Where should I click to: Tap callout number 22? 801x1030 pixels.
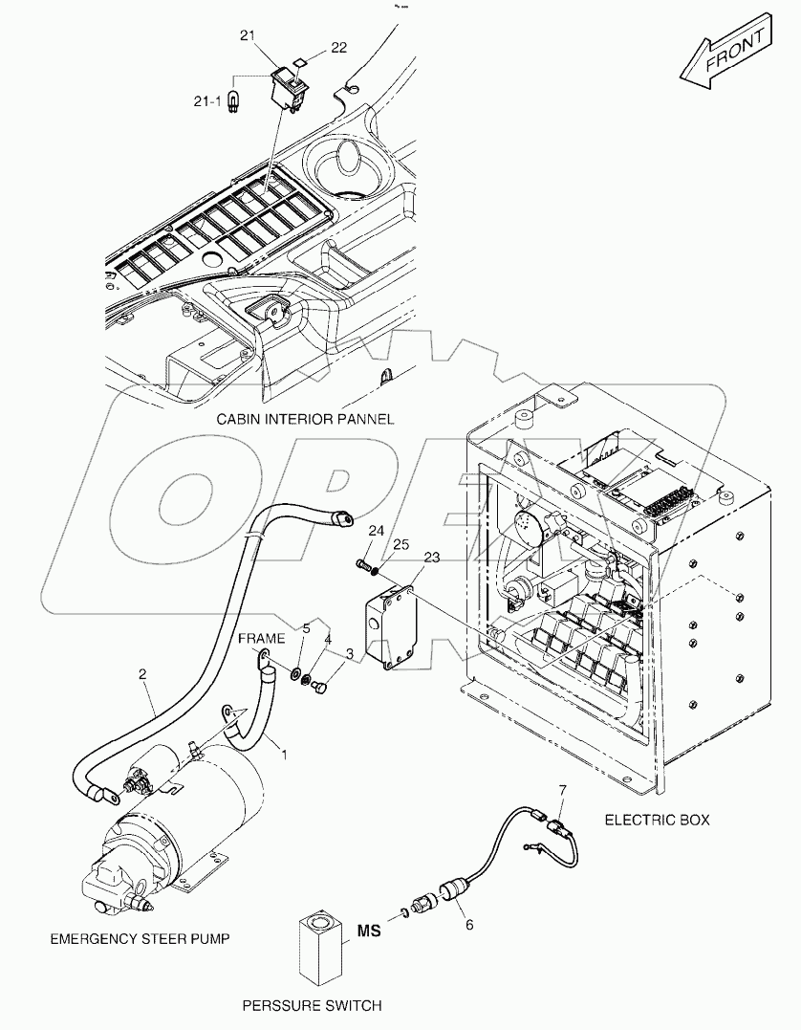[338, 46]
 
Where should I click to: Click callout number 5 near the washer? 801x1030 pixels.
[306, 628]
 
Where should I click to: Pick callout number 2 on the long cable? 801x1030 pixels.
[142, 675]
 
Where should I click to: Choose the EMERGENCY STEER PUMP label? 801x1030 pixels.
[140, 938]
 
